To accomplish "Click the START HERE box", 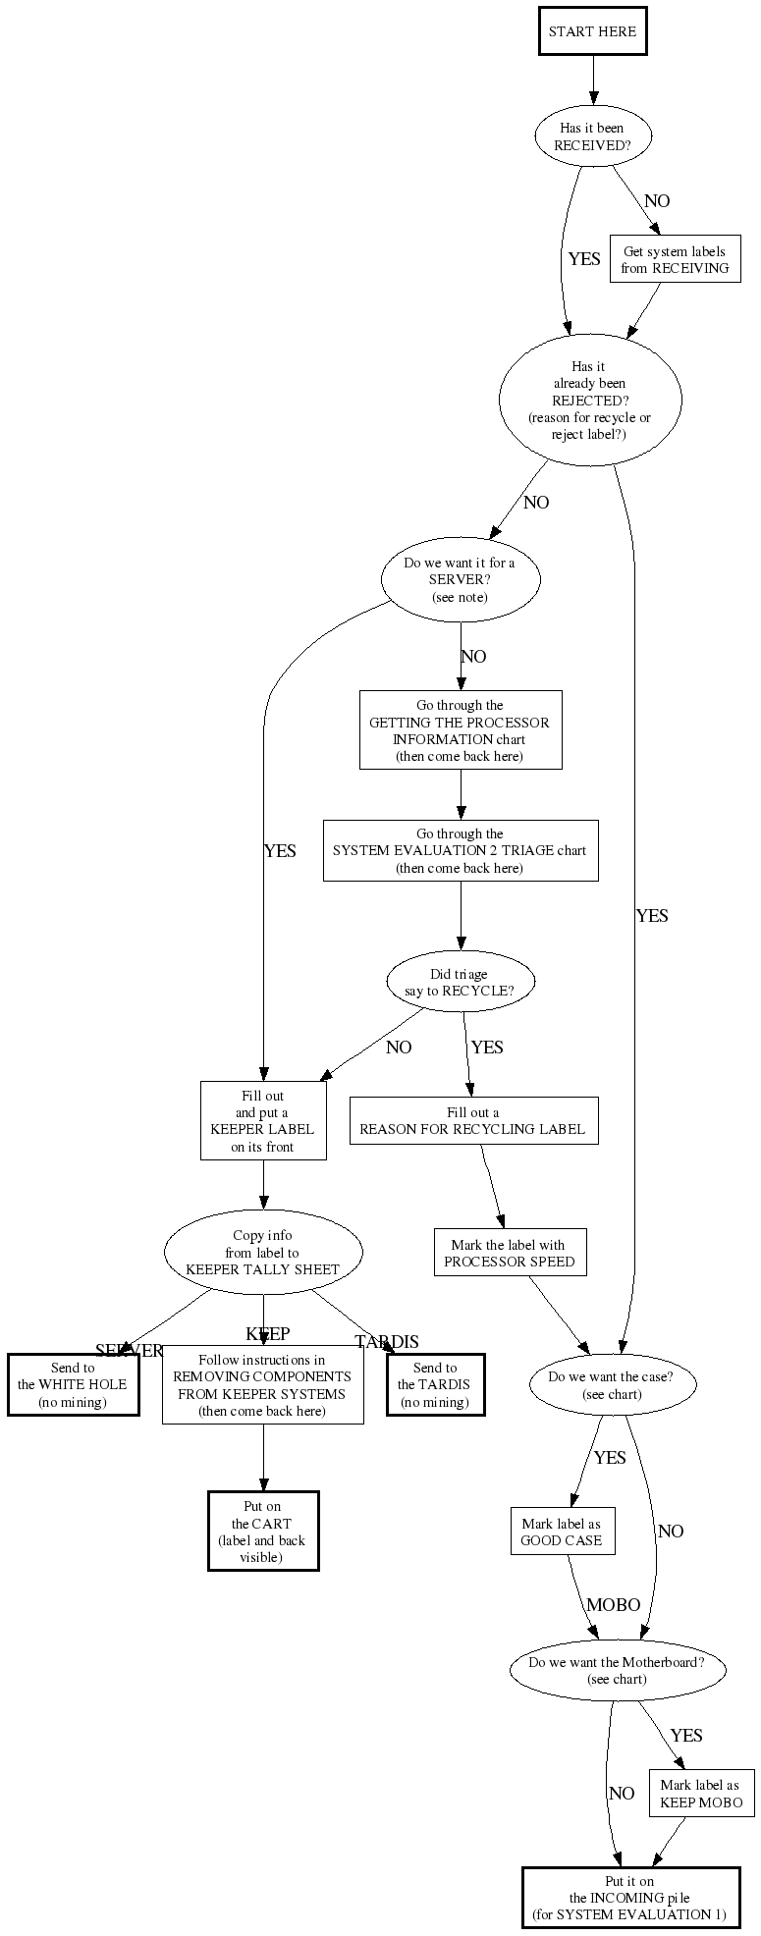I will tap(592, 31).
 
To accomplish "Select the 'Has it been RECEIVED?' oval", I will tap(591, 136).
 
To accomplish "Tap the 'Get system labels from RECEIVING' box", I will tap(675, 259).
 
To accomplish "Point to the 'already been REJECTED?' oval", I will tap(590, 401).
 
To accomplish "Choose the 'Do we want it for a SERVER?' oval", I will tap(460, 580).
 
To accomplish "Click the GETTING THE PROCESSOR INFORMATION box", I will tap(460, 730).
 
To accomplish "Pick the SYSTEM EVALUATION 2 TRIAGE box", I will tap(460, 851).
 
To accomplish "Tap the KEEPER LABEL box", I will tap(263, 1121).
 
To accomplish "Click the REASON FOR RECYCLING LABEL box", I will tap(472, 1120).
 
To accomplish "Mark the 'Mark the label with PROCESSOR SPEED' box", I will tap(510, 1253).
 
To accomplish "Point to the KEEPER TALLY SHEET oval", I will tap(262, 1252).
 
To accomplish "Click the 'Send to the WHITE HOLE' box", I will tap(73, 1385).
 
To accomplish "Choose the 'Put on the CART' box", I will tap(262, 1532).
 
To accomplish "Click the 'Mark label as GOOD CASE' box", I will tap(562, 1532).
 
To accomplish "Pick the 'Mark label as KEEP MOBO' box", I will tap(700, 1794).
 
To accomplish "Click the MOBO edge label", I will tap(614, 1605).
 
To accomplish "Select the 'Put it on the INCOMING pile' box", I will tap(629, 1898).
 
